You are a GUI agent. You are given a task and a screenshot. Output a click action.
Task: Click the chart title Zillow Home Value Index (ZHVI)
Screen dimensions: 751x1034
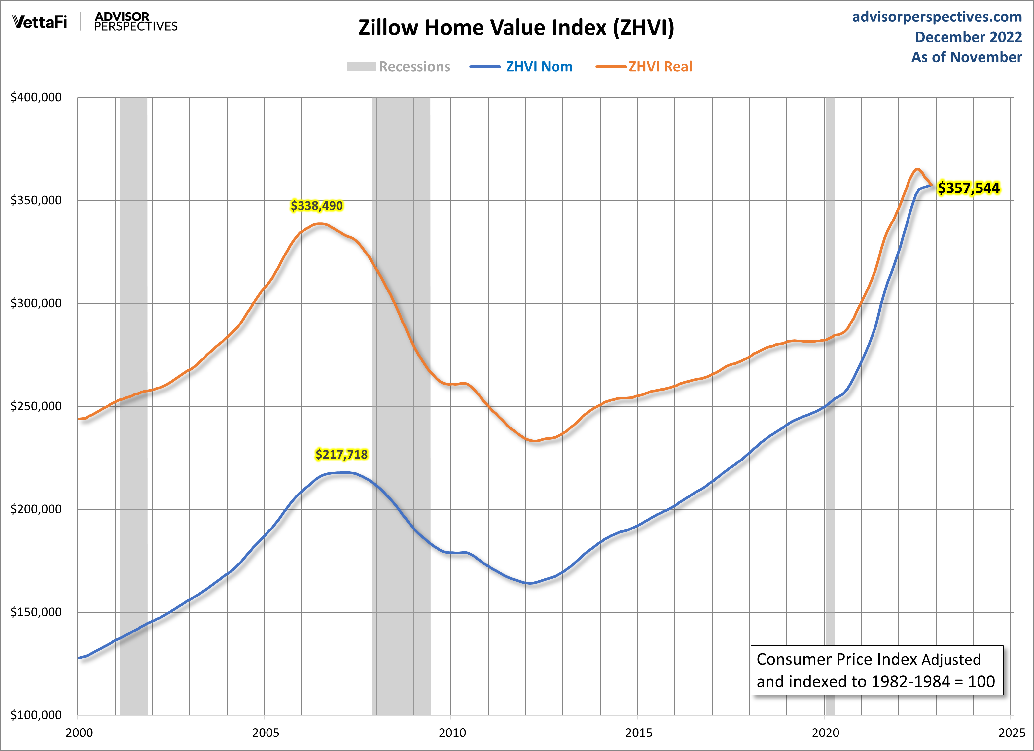(x=516, y=27)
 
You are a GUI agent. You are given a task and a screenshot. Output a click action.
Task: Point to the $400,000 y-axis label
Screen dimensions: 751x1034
(x=36, y=97)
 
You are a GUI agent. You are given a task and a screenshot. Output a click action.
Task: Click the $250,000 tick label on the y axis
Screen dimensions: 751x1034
(x=36, y=406)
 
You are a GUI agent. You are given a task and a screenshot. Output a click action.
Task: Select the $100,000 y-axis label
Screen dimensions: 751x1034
(x=36, y=715)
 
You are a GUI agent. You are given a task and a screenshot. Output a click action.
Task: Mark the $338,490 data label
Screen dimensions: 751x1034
(x=316, y=206)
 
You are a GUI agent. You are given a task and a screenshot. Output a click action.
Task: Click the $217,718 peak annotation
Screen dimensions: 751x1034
(x=341, y=454)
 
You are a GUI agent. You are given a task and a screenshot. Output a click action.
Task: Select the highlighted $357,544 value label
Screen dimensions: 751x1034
(x=968, y=188)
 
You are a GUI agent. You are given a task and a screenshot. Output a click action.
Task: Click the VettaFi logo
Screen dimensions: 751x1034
(x=40, y=21)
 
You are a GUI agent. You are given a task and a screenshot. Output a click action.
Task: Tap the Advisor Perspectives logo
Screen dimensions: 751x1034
(x=135, y=21)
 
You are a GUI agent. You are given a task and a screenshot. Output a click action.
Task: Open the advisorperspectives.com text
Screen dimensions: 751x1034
(x=937, y=17)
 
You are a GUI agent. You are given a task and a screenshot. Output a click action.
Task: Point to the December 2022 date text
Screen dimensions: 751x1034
(x=968, y=37)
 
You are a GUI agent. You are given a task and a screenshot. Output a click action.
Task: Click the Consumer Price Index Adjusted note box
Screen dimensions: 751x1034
(x=877, y=670)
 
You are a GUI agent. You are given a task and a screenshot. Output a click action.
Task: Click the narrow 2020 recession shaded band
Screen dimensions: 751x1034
(x=830, y=501)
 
